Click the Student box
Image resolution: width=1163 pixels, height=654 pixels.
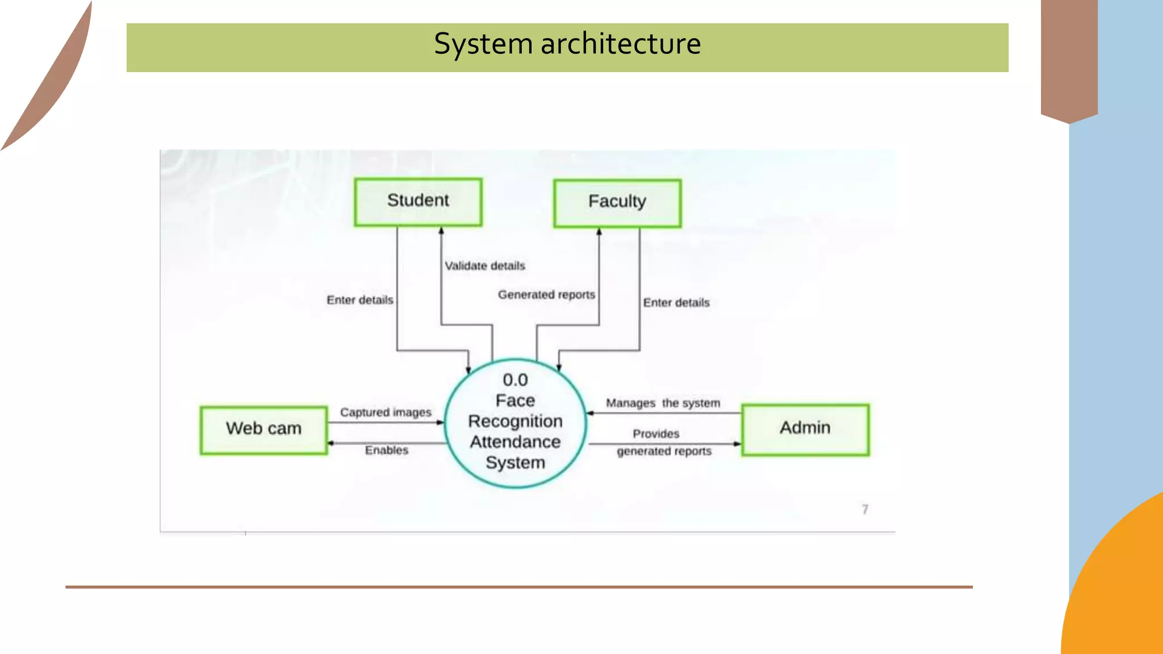418,202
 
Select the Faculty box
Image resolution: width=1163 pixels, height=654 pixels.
617,203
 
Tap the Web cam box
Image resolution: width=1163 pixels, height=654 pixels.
263,430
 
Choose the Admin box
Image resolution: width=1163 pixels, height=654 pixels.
805,429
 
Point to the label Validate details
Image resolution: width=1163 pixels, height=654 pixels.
484,266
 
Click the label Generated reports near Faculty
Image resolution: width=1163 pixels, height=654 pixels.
546,295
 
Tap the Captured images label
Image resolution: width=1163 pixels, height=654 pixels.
386,412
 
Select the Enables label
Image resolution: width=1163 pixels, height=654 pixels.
386,450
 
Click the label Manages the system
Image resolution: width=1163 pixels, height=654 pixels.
663,403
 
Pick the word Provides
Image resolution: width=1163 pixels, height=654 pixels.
656,434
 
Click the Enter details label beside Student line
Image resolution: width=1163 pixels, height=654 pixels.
359,300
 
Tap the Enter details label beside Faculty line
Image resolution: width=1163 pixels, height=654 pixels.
676,303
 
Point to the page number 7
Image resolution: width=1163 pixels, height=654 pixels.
865,509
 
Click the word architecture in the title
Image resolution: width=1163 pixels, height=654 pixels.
621,44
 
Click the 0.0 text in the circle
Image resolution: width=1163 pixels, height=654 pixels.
515,380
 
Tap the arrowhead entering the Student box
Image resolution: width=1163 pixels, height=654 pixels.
441,230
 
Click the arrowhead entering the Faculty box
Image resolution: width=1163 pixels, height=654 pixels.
599,232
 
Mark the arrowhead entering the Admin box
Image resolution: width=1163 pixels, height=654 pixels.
738,444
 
